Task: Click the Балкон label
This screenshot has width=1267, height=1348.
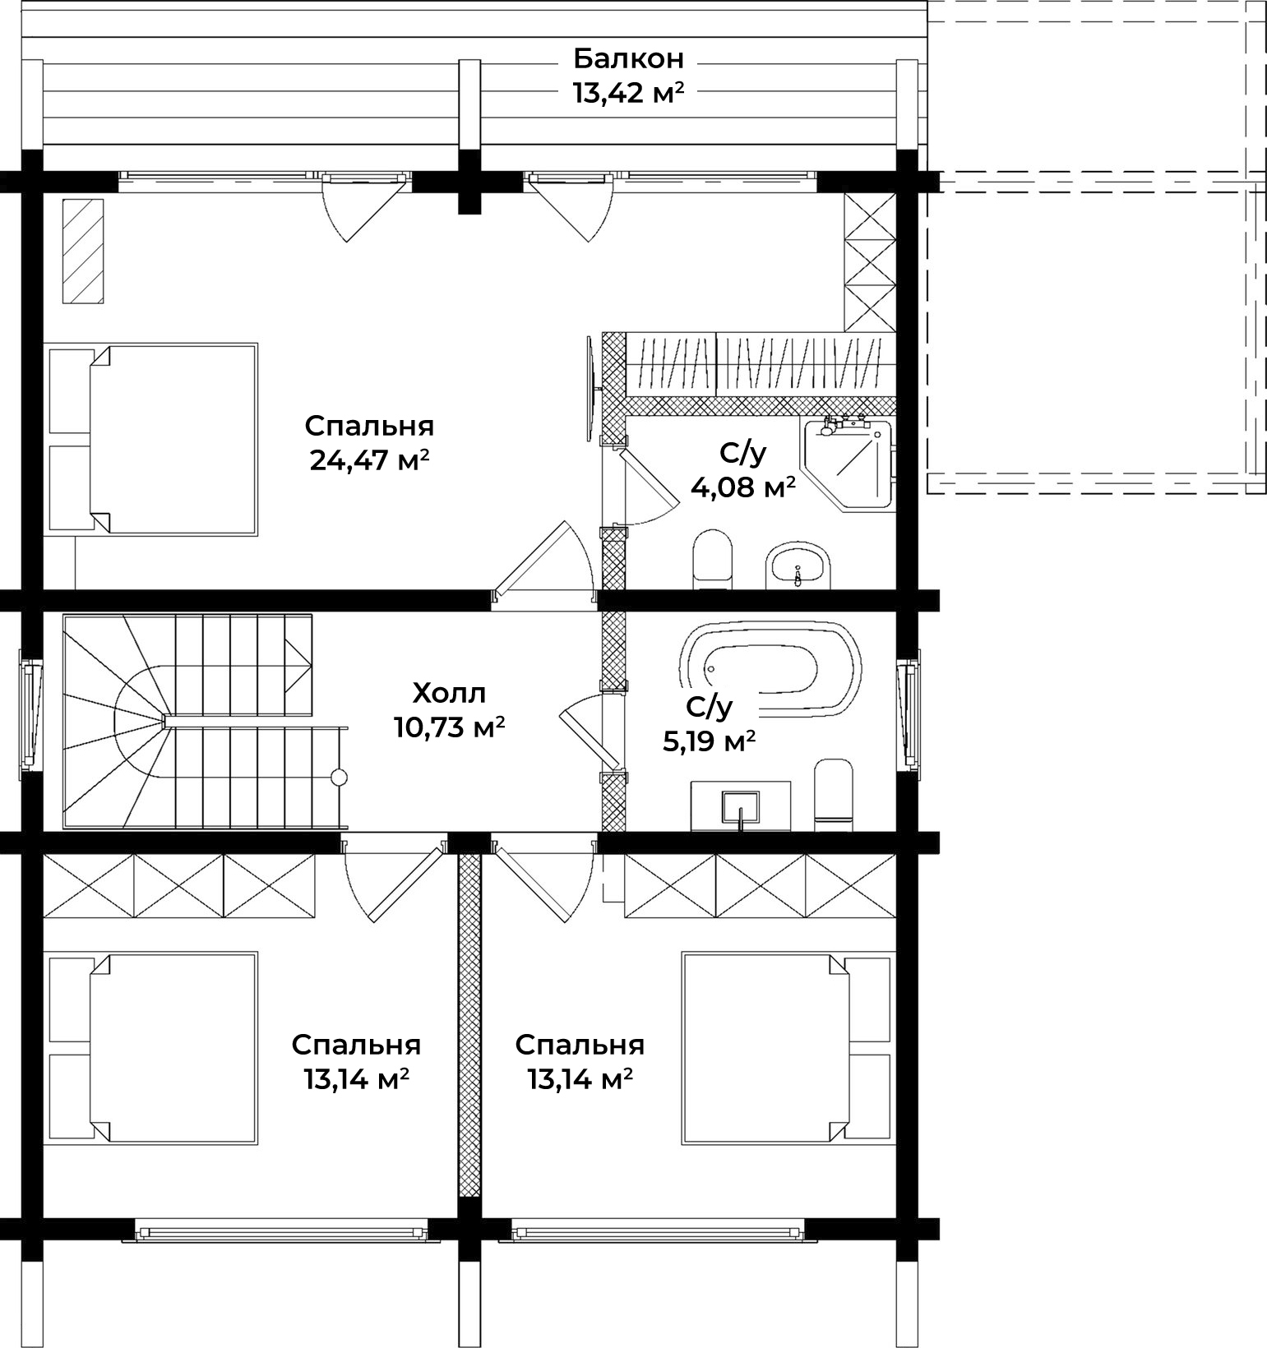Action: pyautogui.click(x=628, y=59)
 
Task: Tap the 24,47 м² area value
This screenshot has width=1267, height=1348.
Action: pyautogui.click(x=370, y=460)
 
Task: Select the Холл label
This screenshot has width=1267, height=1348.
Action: pyautogui.click(x=449, y=694)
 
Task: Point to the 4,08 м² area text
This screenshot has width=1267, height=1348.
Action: pyautogui.click(x=743, y=487)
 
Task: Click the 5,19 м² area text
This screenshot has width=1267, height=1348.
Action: pyautogui.click(x=710, y=741)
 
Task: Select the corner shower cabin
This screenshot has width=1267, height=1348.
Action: pyautogui.click(x=847, y=463)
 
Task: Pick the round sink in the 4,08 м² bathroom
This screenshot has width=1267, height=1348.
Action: pyautogui.click(x=798, y=566)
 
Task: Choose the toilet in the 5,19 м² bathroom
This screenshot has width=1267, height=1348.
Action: pyautogui.click(x=833, y=794)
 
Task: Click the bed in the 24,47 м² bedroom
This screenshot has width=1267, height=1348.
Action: pyautogui.click(x=153, y=439)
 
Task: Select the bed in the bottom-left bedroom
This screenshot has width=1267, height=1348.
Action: pyautogui.click(x=153, y=1047)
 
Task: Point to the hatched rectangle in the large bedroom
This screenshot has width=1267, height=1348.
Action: pyautogui.click(x=83, y=251)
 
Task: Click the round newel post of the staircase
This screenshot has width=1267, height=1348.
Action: pyautogui.click(x=339, y=777)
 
